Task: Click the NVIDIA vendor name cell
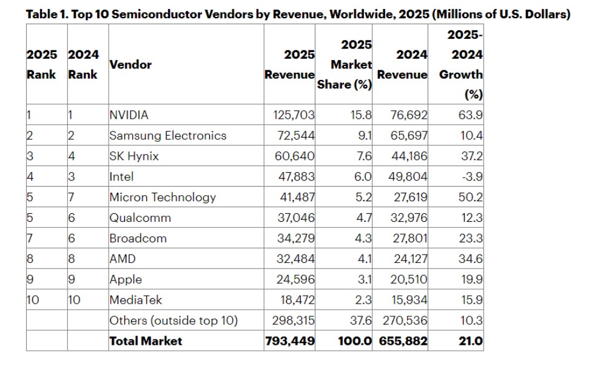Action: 129,115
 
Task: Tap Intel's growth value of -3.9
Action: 471,177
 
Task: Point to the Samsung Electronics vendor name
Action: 167,136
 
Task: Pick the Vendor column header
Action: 130,64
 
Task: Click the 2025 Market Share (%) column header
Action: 345,64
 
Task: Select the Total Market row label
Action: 146,341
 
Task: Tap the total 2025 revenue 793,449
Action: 290,341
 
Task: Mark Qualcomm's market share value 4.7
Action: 363,218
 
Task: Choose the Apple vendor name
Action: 126,280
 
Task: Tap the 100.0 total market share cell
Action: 355,341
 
